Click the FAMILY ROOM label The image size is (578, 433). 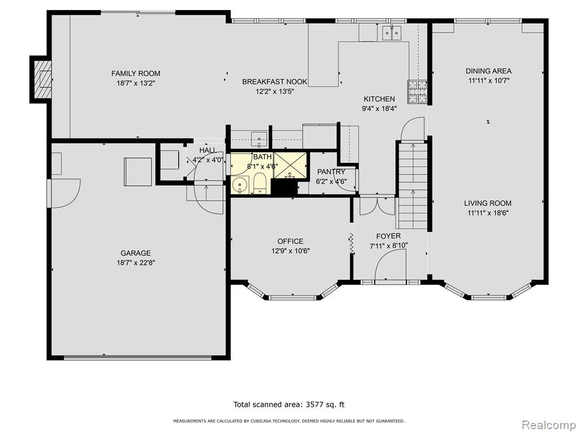135,73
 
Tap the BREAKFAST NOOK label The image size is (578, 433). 275,82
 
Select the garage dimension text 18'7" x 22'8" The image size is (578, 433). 135,263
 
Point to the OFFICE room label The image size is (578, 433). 291,241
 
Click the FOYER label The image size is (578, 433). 388,236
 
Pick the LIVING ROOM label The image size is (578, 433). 488,203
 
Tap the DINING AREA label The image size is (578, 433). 488,70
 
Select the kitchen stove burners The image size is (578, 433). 417,91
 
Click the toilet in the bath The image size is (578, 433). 260,183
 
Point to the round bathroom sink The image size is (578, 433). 240,184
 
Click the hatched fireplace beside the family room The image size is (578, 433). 43,79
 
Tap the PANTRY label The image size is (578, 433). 331,171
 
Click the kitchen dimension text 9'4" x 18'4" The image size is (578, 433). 379,109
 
